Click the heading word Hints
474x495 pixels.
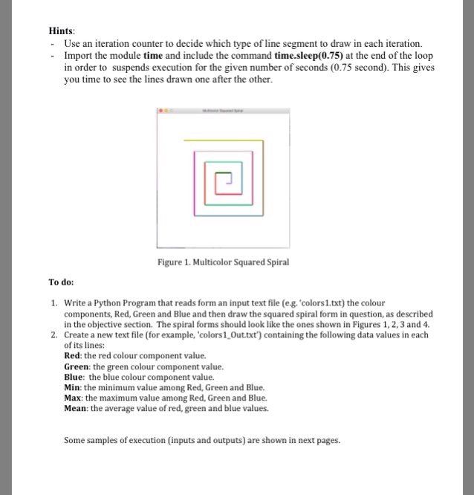click(62, 30)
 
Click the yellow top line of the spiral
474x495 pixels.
click(223, 140)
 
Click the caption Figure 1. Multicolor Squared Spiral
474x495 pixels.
click(223, 262)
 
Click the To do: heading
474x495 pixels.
click(62, 282)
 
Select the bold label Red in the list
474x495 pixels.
click(74, 356)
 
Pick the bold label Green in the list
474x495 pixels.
click(78, 366)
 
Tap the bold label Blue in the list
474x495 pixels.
click(76, 377)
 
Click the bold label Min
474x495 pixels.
click(74, 387)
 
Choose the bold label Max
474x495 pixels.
click(75, 398)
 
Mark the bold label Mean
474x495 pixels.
click(77, 408)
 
